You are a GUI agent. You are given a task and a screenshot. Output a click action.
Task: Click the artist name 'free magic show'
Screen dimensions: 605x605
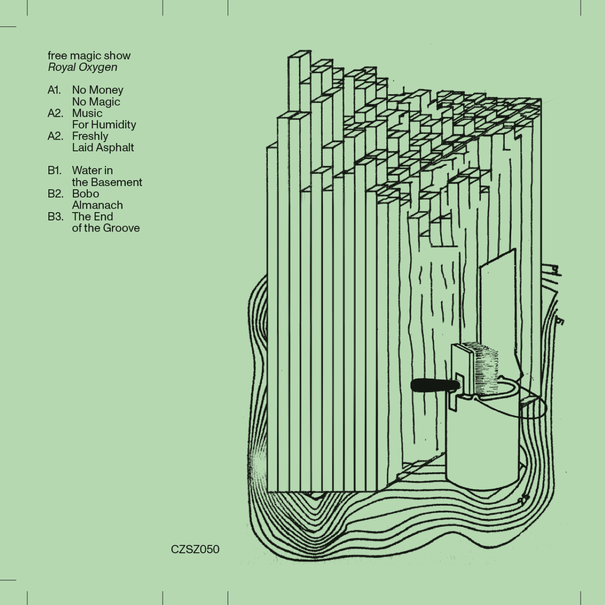pyautogui.click(x=89, y=56)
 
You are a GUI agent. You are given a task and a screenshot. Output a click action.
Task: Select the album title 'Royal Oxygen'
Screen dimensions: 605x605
pyautogui.click(x=83, y=67)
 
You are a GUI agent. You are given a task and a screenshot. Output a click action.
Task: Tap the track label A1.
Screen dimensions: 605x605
pyautogui.click(x=54, y=90)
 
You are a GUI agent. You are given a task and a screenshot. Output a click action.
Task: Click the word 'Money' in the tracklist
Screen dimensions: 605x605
pyautogui.click(x=106, y=90)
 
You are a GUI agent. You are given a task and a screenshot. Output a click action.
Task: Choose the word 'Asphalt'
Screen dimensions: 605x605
pyautogui.click(x=116, y=148)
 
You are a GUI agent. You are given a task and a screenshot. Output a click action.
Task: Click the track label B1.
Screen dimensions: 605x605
pyautogui.click(x=54, y=171)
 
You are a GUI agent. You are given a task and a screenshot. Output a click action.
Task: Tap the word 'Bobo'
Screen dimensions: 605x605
pyautogui.click(x=86, y=194)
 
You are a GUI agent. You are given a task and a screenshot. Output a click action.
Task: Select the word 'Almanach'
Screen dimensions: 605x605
pyautogui.click(x=97, y=205)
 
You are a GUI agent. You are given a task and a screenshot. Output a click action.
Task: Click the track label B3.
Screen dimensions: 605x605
pyautogui.click(x=55, y=217)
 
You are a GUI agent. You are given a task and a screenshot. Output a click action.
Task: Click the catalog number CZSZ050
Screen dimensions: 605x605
pyautogui.click(x=195, y=549)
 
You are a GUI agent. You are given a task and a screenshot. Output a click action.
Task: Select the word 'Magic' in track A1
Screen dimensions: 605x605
pyautogui.click(x=105, y=102)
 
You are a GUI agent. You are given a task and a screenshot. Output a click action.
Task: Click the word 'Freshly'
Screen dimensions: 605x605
pyautogui.click(x=90, y=136)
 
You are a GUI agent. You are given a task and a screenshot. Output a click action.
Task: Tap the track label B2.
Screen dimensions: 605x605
pyautogui.click(x=55, y=194)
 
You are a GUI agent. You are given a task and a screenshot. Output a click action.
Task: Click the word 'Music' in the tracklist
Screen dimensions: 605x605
pyautogui.click(x=87, y=113)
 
